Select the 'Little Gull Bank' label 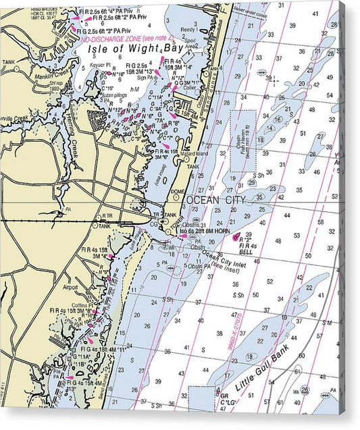[x=263, y=371]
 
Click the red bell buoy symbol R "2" [x=236, y=238]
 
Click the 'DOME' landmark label [x=178, y=191]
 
